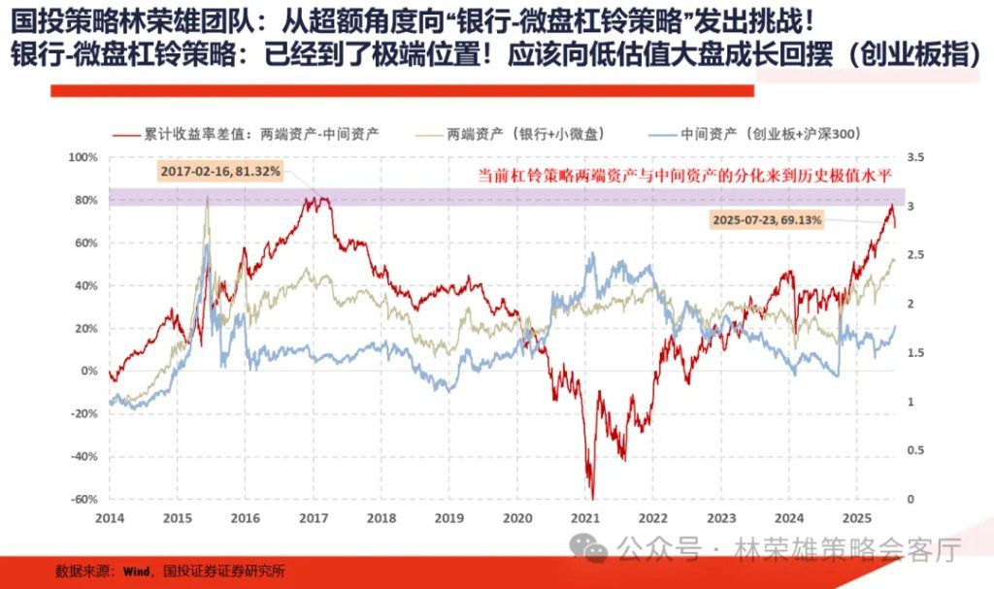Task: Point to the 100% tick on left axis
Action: pyautogui.click(x=84, y=157)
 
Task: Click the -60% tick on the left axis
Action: pyautogui.click(x=84, y=500)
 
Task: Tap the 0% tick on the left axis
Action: pyautogui.click(x=88, y=372)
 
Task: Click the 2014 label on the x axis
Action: pyautogui.click(x=110, y=518)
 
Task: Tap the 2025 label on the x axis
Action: pyautogui.click(x=857, y=518)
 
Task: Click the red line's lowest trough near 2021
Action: pyautogui.click(x=591, y=496)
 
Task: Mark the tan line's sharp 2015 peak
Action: pyautogui.click(x=207, y=198)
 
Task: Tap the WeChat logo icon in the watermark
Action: pyautogui.click(x=587, y=548)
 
